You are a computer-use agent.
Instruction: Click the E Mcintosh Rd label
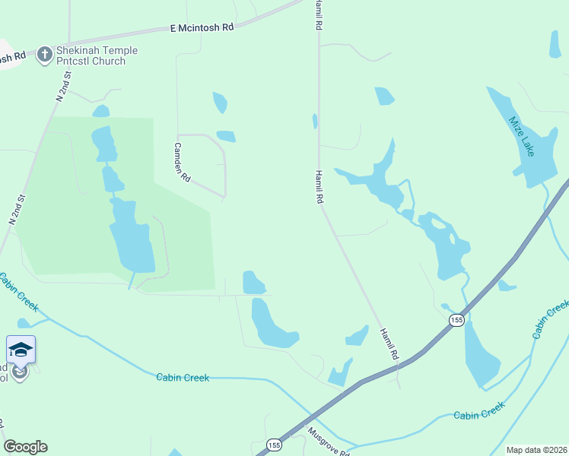tap(202, 27)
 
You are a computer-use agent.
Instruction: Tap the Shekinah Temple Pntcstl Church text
tap(90, 55)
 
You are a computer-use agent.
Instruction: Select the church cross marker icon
tap(45, 54)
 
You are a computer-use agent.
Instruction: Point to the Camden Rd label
tap(182, 163)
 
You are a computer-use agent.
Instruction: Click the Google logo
tap(25, 447)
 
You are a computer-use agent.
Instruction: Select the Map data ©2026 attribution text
tap(536, 450)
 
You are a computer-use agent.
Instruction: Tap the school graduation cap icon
tap(21, 350)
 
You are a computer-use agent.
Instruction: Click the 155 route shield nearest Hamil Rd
tap(456, 320)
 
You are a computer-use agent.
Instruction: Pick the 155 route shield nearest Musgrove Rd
tap(275, 445)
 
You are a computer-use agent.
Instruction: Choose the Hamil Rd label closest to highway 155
tap(389, 344)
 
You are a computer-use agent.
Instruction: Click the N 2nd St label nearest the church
tap(63, 87)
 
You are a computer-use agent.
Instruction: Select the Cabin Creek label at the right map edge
tap(551, 320)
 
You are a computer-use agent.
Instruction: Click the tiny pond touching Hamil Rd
tap(315, 121)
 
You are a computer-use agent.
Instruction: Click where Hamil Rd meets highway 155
tap(398, 365)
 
